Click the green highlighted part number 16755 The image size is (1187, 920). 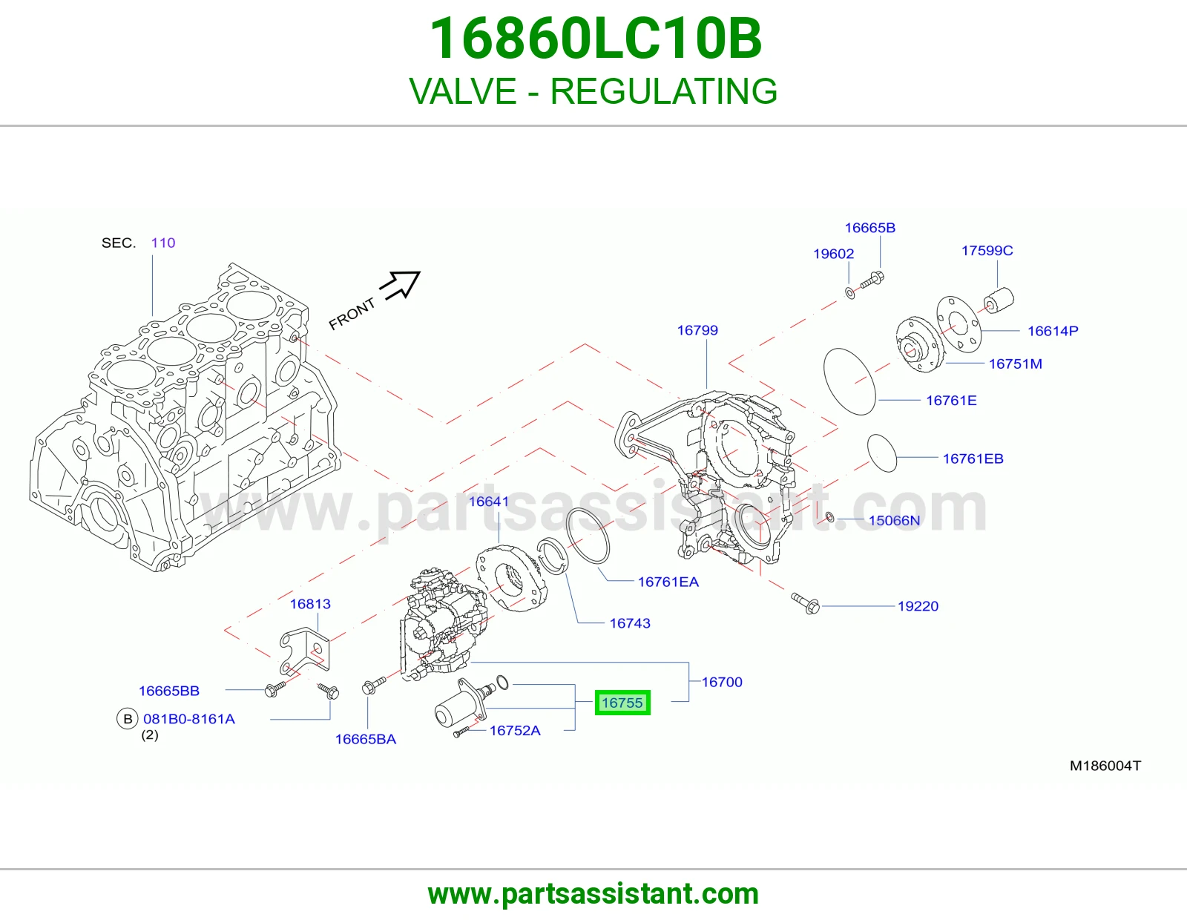point(622,703)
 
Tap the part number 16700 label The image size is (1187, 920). point(722,682)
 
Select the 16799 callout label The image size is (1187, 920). point(697,330)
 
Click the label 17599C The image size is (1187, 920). point(987,250)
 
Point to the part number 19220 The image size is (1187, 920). point(918,606)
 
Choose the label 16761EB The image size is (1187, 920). point(973,459)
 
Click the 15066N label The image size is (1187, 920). point(894,520)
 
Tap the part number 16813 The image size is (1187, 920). point(309,604)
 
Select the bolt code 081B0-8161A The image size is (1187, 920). point(189,718)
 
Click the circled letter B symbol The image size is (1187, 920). point(128,718)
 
